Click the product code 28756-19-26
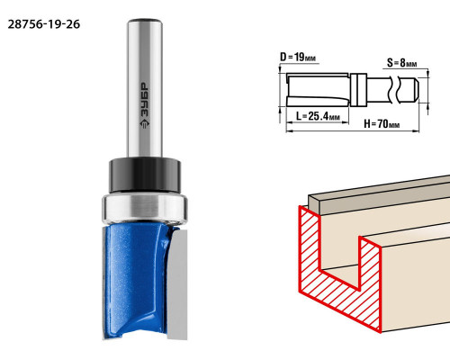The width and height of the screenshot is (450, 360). [44, 24]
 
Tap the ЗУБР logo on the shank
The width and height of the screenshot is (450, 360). [145, 105]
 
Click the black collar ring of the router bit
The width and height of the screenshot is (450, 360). [145, 175]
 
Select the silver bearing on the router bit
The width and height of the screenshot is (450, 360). [145, 208]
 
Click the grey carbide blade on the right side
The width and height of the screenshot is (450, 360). [177, 284]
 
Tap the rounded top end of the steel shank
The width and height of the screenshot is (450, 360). [145, 22]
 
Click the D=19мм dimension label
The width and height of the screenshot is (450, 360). [298, 57]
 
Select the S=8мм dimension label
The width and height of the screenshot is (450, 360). [401, 63]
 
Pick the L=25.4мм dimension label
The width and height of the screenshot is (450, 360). [318, 116]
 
